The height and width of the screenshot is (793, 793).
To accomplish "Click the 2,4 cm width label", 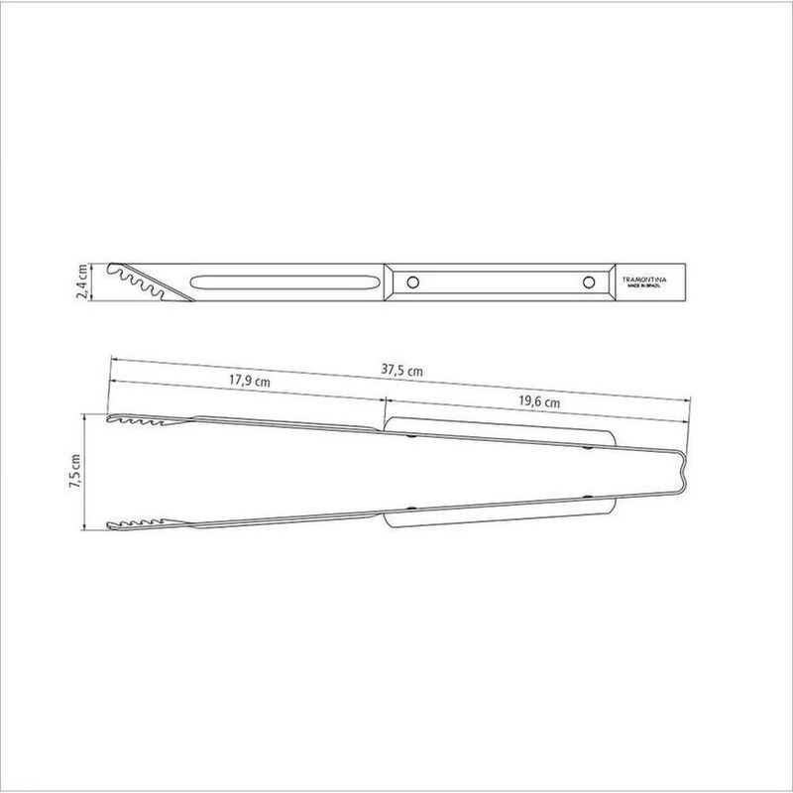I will pos(82,282).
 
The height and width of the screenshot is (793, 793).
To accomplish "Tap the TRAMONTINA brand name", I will pos(642,280).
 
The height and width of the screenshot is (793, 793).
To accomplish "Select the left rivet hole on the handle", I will pos(410,282).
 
